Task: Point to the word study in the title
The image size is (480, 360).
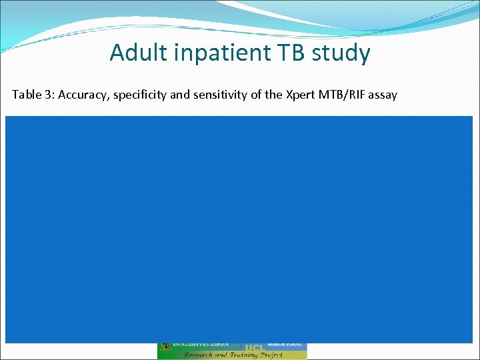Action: [x=340, y=53]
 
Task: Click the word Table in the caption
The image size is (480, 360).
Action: [x=27, y=95]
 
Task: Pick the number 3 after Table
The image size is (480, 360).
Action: [x=48, y=95]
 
